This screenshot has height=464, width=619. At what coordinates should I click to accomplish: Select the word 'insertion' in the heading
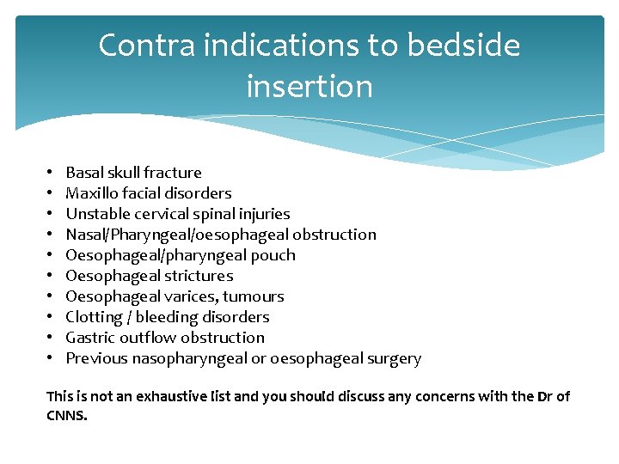(309, 86)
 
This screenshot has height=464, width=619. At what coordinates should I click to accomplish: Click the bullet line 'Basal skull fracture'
(133, 173)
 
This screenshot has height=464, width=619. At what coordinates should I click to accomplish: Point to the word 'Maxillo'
(93, 193)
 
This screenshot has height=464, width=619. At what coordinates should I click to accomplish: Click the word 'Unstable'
(96, 214)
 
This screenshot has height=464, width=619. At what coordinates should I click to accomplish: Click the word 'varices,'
(191, 296)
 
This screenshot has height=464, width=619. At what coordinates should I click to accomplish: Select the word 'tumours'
(254, 296)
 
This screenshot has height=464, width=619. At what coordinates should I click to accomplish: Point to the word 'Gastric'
(90, 338)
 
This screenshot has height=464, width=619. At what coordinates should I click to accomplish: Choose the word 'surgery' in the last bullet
(393, 358)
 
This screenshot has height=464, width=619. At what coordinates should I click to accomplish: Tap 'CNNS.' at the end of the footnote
(66, 415)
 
